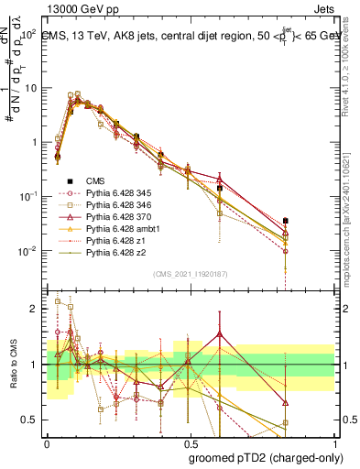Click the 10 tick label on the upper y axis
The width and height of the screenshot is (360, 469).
(x=29, y=88)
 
